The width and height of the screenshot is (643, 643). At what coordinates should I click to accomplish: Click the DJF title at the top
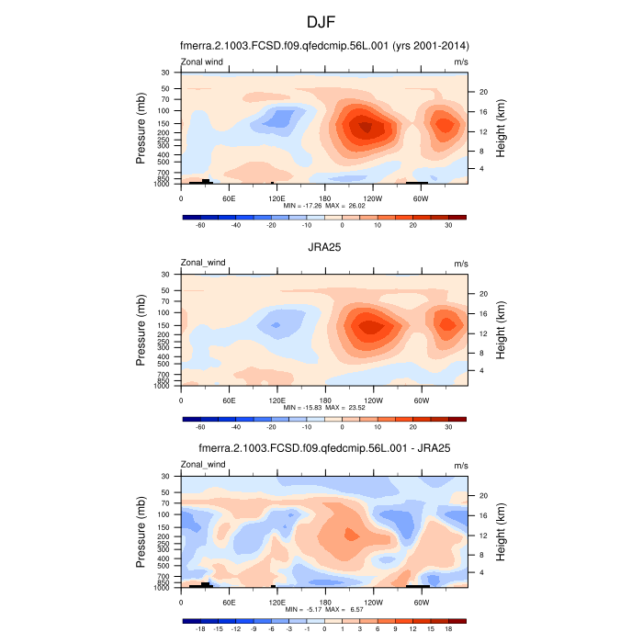(x=321, y=20)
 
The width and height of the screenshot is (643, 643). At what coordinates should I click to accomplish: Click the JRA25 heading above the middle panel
(x=321, y=246)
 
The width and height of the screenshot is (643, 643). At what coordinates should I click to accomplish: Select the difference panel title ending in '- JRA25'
(x=321, y=448)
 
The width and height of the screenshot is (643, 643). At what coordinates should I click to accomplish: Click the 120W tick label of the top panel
(x=373, y=197)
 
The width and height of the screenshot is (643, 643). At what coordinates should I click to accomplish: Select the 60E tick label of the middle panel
(x=230, y=400)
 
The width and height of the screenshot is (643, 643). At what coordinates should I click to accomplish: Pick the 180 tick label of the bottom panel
(x=325, y=602)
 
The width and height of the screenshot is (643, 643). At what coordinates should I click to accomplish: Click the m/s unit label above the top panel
(x=461, y=62)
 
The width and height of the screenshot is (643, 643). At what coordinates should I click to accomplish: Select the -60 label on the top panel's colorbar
(x=199, y=225)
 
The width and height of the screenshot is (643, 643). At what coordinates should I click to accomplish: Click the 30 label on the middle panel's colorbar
(x=448, y=426)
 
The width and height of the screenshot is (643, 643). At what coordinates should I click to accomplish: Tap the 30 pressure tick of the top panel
(x=166, y=72)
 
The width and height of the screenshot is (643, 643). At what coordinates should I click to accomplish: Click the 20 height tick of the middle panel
(x=482, y=293)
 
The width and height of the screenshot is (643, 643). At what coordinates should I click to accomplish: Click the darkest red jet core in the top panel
(x=366, y=128)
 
